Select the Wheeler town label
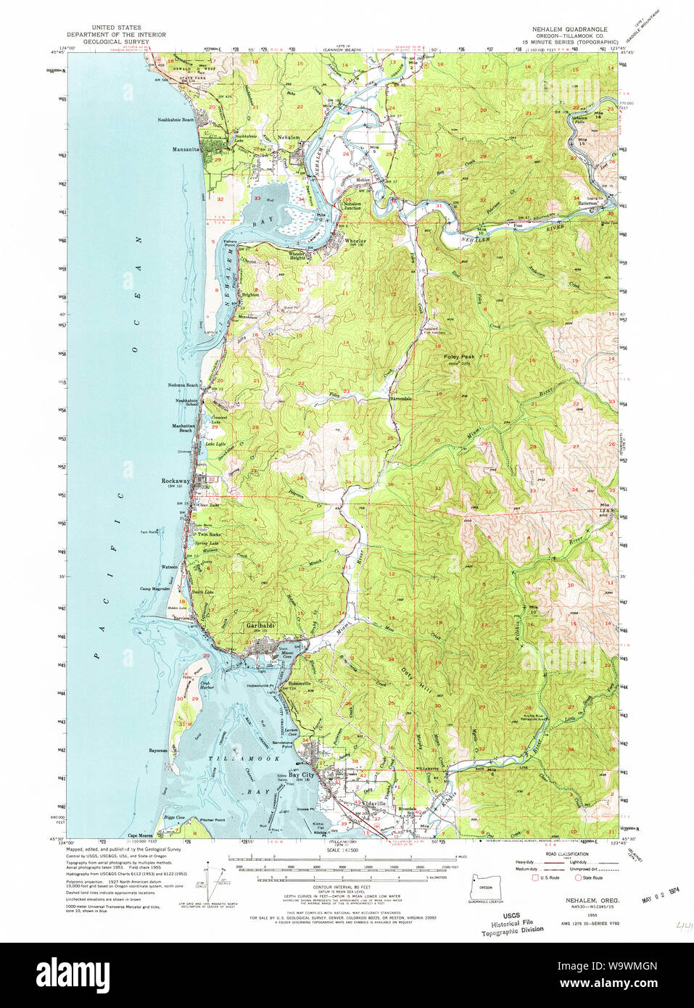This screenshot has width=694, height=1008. (355, 240)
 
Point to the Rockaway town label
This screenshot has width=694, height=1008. (175, 480)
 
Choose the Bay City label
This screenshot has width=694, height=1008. (301, 774)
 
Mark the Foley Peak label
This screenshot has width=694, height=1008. (459, 357)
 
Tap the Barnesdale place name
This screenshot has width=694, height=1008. (400, 399)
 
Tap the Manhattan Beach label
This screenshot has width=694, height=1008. (181, 427)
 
